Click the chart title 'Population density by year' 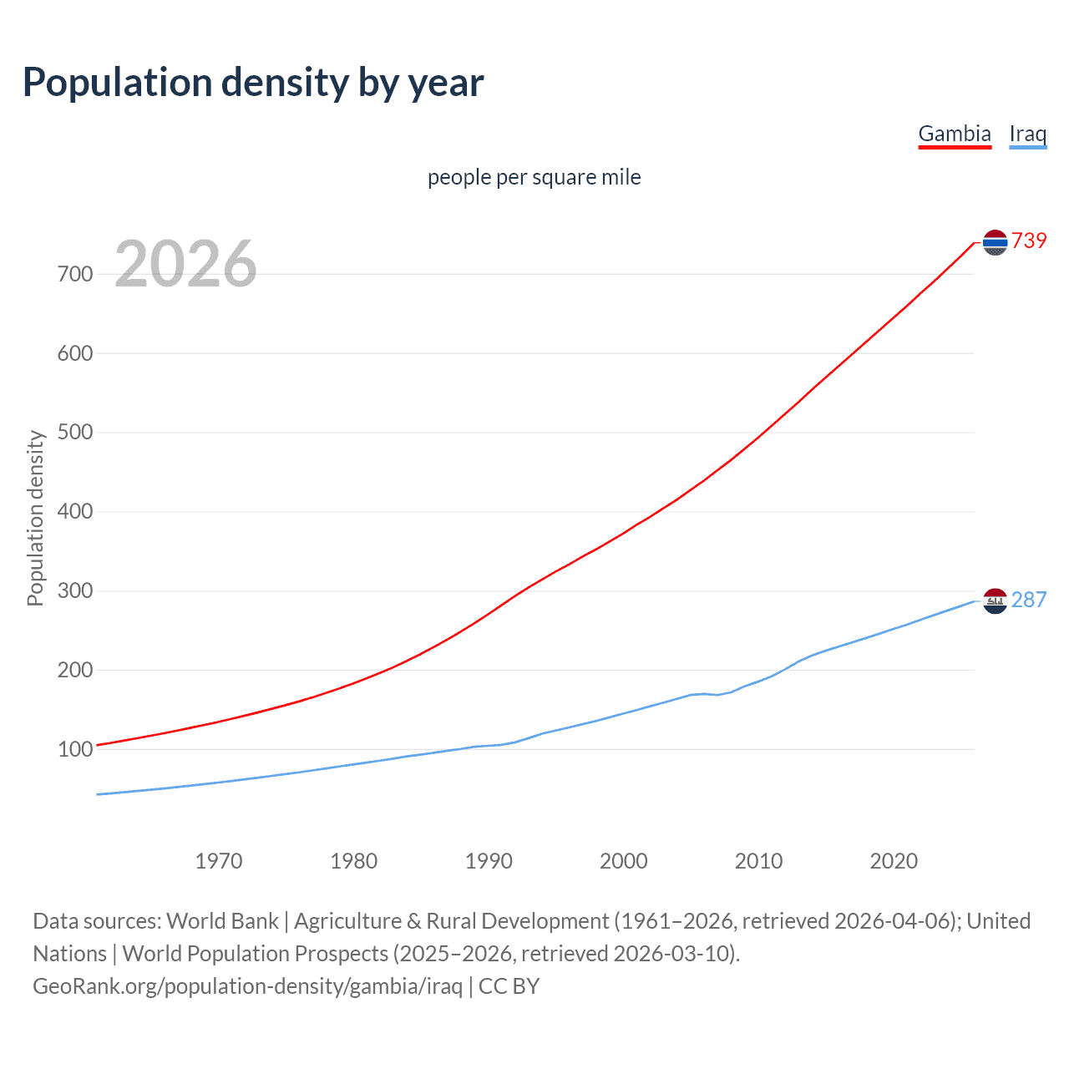tap(253, 83)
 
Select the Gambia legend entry tap(955, 134)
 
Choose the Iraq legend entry tap(1027, 134)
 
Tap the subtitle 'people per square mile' tap(534, 178)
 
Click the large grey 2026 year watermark tap(185, 264)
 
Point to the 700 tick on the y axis tap(75, 274)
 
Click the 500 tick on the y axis tap(75, 433)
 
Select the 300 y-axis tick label tap(75, 591)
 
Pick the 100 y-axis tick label tap(75, 749)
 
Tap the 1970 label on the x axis tap(219, 861)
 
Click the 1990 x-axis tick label tap(489, 861)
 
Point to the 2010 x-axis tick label tap(758, 861)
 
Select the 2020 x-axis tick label tap(894, 861)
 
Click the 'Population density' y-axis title tap(35, 518)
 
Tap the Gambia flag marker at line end tap(995, 242)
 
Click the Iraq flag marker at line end tap(995, 600)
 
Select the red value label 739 tap(1029, 241)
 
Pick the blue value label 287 tap(1029, 600)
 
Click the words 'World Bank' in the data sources tap(222, 921)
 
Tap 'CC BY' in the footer tap(509, 986)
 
